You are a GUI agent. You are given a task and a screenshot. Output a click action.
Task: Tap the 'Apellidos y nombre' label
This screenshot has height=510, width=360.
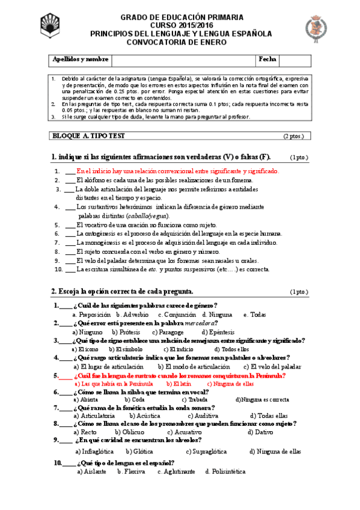[x=81, y=60]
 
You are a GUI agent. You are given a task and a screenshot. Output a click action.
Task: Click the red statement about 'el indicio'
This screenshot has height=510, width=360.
[x=177, y=171]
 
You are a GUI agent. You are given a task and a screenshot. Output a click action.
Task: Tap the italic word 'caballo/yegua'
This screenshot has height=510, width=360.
[x=148, y=215]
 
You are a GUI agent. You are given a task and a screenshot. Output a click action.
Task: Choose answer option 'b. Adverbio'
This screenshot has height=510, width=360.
[x=133, y=315]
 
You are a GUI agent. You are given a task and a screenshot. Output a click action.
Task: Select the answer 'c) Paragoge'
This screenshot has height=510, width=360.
[x=168, y=332]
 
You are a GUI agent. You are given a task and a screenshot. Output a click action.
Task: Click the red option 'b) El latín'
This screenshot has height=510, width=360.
[x=177, y=383]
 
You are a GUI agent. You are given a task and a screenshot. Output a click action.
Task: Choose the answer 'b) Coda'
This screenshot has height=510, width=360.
[x=134, y=399]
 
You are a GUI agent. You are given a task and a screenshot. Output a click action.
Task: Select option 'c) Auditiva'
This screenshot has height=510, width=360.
[x=203, y=416]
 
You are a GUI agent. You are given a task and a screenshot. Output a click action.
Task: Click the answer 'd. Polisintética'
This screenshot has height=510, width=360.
[x=225, y=472]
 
